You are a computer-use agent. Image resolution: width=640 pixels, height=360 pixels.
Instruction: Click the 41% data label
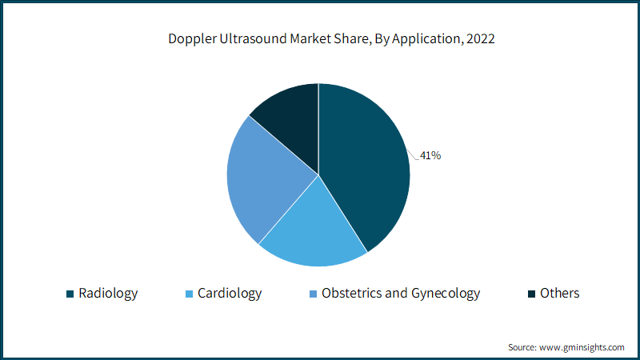[430, 155]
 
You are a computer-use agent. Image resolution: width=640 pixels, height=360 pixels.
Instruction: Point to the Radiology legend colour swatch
[70, 294]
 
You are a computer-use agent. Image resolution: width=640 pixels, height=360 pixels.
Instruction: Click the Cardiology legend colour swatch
[189, 294]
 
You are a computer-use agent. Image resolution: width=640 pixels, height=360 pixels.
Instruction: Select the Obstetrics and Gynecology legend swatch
[313, 294]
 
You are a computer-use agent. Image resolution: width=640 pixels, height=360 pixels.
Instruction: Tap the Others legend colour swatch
[531, 294]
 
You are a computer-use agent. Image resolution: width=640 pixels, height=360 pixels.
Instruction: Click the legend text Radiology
[108, 294]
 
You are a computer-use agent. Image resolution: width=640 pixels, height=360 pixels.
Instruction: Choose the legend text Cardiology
[230, 294]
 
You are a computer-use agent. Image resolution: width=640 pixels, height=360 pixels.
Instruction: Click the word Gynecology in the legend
[446, 294]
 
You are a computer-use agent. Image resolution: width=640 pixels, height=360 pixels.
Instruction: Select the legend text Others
[559, 293]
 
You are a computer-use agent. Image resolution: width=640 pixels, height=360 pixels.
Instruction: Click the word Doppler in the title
[192, 38]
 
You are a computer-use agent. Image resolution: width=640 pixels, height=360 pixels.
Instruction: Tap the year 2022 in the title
[481, 38]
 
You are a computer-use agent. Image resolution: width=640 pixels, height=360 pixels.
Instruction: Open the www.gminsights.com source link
[582, 347]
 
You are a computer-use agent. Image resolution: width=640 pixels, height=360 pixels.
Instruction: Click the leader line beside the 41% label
[413, 154]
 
